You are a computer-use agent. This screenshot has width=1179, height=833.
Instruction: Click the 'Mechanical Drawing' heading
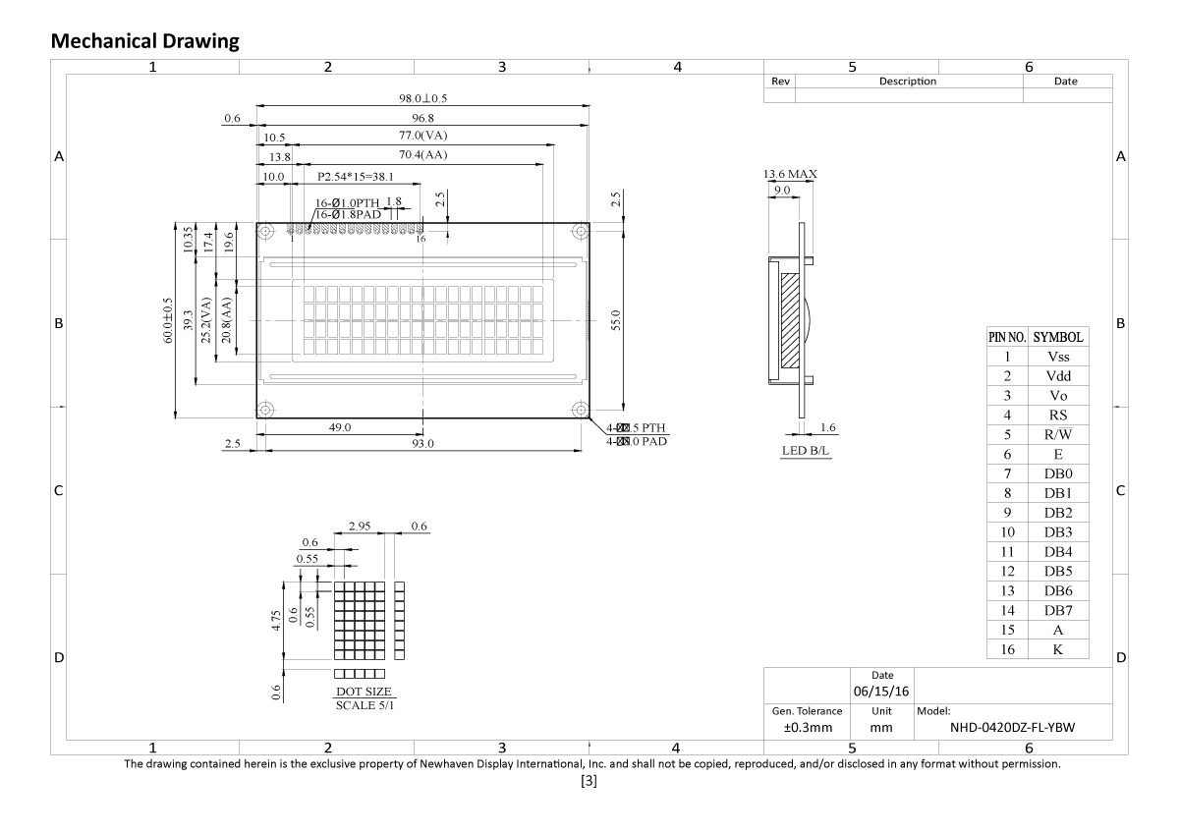[144, 41]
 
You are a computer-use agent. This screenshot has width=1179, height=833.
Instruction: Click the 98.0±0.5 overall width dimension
[423, 98]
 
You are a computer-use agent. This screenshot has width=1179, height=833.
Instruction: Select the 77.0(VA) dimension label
[423, 136]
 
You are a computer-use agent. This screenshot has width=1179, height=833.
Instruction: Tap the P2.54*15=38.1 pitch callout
[356, 177]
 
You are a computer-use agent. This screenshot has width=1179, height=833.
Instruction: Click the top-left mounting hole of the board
[265, 232]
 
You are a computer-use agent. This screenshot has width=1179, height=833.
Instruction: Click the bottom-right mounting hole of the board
[581, 410]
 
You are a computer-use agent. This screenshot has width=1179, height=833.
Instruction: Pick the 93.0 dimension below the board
[423, 444]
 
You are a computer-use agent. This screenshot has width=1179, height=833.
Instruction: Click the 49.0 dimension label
[340, 427]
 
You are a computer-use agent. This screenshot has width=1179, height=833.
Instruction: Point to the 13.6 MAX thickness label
[790, 174]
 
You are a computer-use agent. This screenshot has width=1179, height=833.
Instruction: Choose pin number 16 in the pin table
[1007, 649]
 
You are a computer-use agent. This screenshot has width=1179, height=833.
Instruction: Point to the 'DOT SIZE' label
[364, 692]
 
